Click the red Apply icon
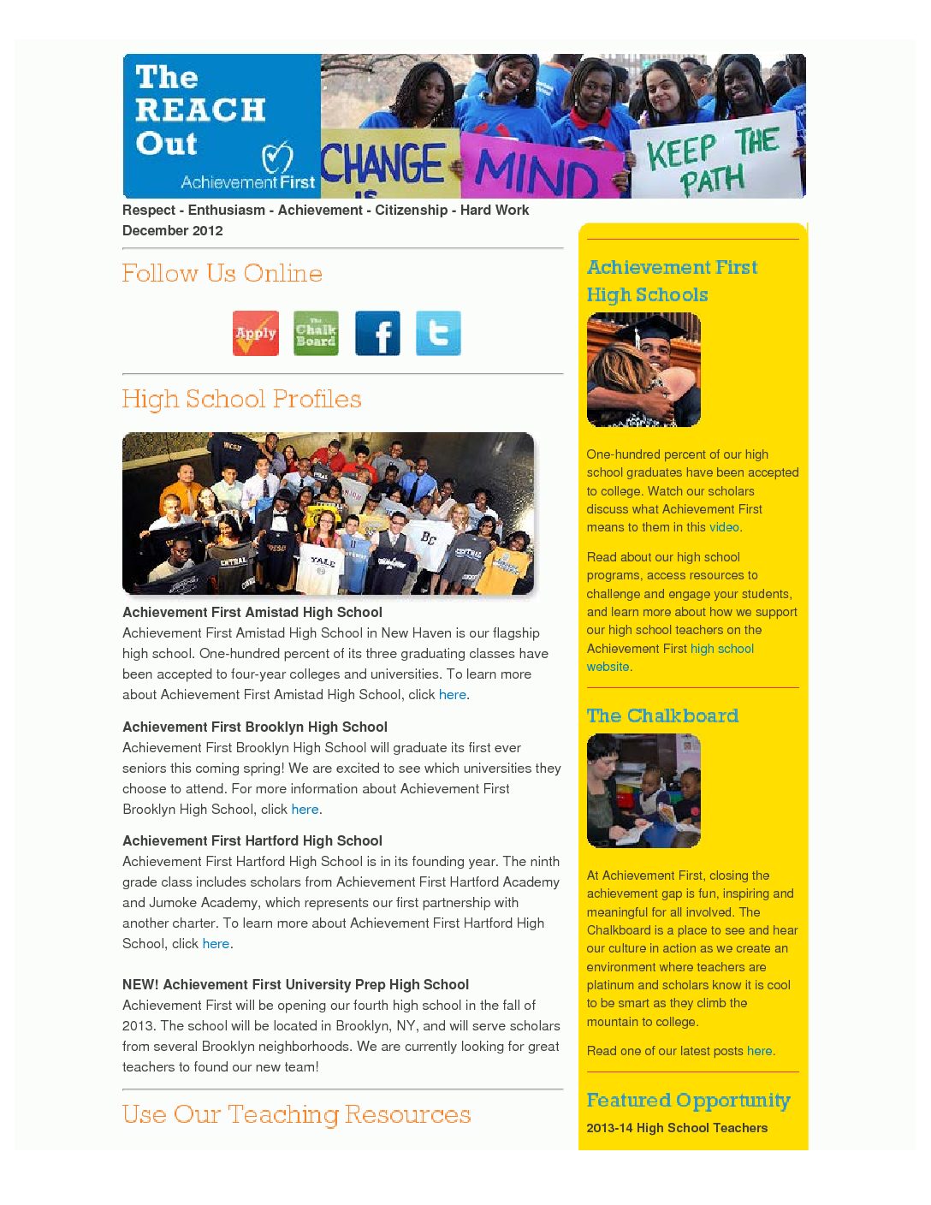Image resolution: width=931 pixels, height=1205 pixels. pyautogui.click(x=256, y=333)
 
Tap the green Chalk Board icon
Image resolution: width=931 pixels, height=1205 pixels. pyautogui.click(x=316, y=333)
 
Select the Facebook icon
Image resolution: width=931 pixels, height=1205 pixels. pyautogui.click(x=377, y=333)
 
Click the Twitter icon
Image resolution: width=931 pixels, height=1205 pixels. pyautogui.click(x=438, y=333)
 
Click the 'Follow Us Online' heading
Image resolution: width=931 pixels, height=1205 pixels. pyautogui.click(x=222, y=274)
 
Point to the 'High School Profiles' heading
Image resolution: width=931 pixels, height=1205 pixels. pyautogui.click(x=241, y=400)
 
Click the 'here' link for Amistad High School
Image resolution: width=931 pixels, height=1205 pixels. pyautogui.click(x=452, y=695)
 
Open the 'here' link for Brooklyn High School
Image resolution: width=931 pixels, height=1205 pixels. pyautogui.click(x=305, y=810)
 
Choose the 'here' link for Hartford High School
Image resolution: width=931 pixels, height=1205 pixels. pyautogui.click(x=216, y=944)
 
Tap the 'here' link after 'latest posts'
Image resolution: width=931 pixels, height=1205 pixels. pyautogui.click(x=760, y=1052)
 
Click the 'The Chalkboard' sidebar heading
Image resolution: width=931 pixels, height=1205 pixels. pyautogui.click(x=662, y=716)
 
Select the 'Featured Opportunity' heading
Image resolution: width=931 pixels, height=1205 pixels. pyautogui.click(x=688, y=1101)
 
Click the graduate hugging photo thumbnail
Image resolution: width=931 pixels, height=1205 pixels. pyautogui.click(x=643, y=370)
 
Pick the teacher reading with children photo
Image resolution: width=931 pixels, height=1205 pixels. pyautogui.click(x=643, y=791)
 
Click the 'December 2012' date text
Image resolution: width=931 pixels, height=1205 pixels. pyautogui.click(x=173, y=231)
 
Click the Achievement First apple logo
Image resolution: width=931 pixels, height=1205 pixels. pyautogui.click(x=276, y=157)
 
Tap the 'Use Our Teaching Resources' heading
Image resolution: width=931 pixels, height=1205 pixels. pyautogui.click(x=296, y=1115)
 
